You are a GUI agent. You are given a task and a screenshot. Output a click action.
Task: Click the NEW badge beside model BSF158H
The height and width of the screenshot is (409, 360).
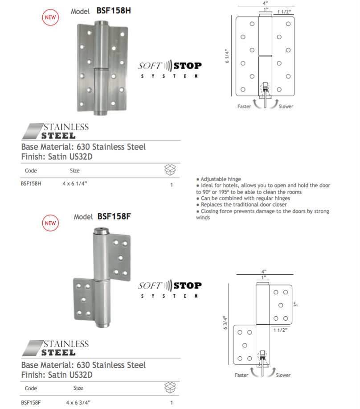[x=51, y=17]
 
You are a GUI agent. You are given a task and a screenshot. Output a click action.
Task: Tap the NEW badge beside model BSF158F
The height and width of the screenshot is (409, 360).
[x=51, y=223]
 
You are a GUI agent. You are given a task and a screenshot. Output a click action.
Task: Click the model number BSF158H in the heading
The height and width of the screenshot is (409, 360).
[x=113, y=11]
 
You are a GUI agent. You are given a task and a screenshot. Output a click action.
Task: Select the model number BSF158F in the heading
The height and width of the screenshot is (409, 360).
[x=114, y=217]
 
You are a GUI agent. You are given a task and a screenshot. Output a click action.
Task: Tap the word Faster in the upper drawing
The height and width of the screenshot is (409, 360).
[x=244, y=107]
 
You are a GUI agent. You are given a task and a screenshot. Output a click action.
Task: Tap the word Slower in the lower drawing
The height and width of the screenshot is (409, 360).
[x=283, y=375]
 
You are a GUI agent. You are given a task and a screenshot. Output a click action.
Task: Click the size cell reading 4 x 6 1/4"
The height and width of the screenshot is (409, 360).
[x=74, y=183]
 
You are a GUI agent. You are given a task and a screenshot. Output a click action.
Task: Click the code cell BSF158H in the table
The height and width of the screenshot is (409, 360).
[x=31, y=183]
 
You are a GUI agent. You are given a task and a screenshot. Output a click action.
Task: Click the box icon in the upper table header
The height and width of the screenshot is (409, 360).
[x=171, y=169]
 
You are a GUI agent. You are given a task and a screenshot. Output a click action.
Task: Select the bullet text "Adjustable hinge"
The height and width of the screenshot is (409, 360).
[x=220, y=179]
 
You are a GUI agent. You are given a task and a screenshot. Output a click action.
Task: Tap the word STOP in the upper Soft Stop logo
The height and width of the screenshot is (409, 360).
[x=188, y=66]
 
